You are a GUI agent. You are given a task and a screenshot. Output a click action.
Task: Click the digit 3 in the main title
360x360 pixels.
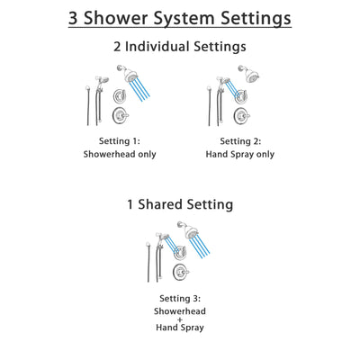coord(76,17)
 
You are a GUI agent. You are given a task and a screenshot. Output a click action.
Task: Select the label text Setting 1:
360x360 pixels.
coord(121,141)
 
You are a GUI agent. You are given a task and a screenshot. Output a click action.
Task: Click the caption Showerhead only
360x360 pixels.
coord(121,154)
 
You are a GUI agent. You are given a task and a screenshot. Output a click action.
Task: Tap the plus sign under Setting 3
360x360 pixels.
coord(179,321)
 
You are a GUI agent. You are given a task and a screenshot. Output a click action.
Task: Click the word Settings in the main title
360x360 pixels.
coord(259,17)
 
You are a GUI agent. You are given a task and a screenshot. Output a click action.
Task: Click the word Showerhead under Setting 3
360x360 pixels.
coord(179,310)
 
